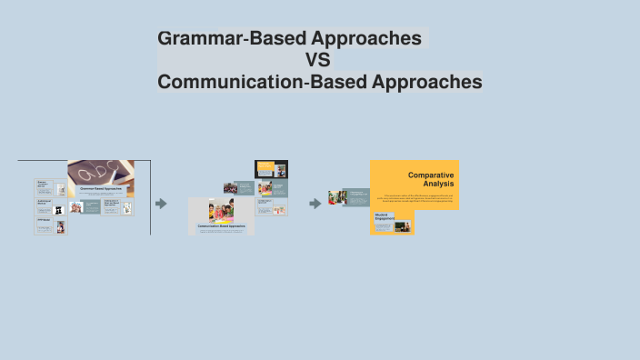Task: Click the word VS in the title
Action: click(x=318, y=61)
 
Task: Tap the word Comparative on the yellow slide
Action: click(x=431, y=175)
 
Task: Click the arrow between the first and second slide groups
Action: click(x=161, y=204)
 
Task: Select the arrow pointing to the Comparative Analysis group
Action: click(x=315, y=204)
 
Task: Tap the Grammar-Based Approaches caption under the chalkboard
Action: click(x=100, y=188)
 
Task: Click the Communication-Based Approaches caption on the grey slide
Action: click(x=221, y=225)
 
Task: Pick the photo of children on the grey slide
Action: click(x=221, y=211)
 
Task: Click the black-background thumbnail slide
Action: click(x=271, y=169)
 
